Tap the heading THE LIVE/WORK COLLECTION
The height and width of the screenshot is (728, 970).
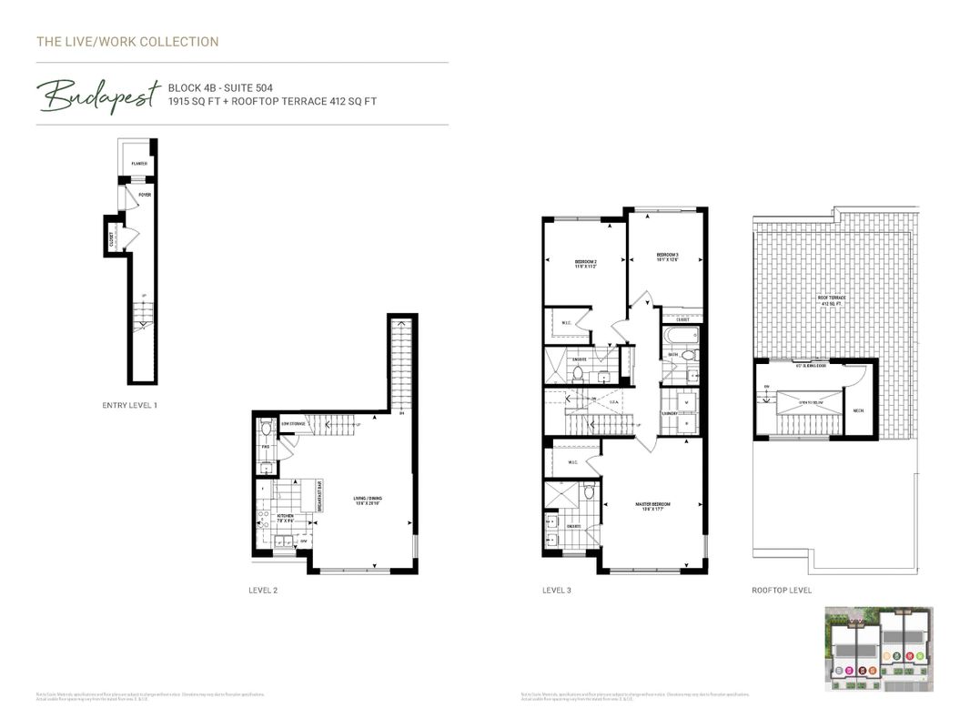click(127, 42)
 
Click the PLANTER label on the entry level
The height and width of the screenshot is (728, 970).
click(139, 164)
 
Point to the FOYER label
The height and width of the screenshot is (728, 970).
click(144, 195)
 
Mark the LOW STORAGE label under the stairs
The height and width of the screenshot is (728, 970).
click(292, 424)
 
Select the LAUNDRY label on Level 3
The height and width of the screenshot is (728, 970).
click(670, 412)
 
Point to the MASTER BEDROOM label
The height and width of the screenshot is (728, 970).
click(653, 505)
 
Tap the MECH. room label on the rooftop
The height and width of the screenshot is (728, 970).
click(858, 409)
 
